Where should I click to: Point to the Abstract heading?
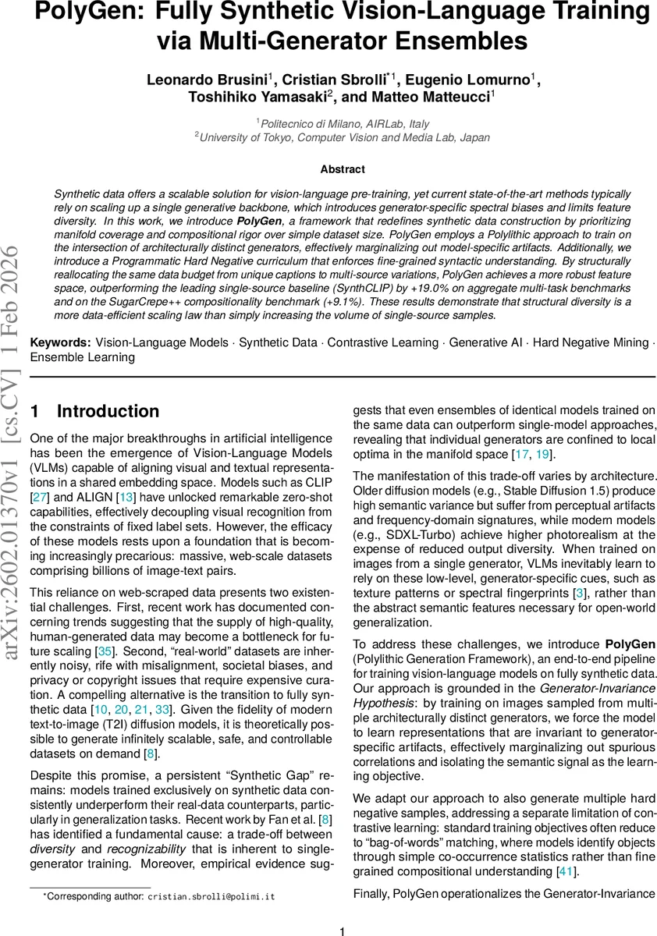pyautogui.click(x=343, y=169)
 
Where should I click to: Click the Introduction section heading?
pyautogui.click(x=108, y=411)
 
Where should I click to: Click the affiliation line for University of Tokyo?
pyautogui.click(x=343, y=137)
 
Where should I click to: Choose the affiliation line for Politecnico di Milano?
pyautogui.click(x=343, y=123)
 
